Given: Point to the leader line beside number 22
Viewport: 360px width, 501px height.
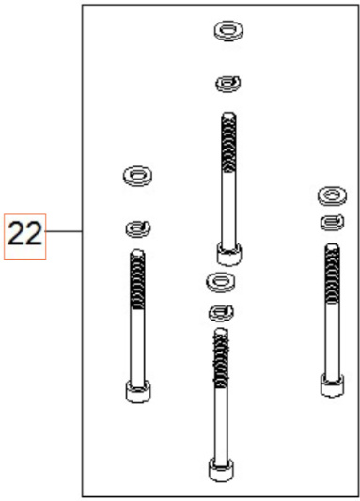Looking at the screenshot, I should pos(67,232).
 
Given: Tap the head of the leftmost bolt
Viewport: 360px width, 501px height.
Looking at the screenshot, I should pos(137,390).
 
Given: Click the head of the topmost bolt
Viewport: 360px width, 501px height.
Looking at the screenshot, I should pos(227,252).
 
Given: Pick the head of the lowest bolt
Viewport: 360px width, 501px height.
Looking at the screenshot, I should pos(220,468).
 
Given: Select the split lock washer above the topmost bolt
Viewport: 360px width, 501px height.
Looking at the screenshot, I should pos(227,85).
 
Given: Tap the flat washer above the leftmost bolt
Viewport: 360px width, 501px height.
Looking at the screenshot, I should pos(139,174).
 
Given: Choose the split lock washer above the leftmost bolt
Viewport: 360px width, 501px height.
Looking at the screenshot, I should pos(138,226).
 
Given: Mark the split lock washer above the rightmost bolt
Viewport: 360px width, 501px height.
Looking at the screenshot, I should pos(328,223).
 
